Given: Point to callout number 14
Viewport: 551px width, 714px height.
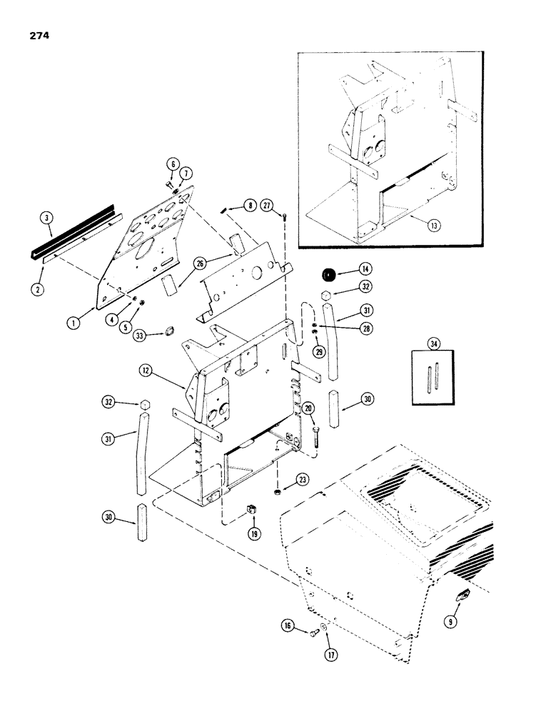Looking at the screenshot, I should click(x=365, y=269).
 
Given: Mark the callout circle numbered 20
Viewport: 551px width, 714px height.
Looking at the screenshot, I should click(x=308, y=407).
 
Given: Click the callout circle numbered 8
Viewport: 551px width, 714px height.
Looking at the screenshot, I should click(x=248, y=205).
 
